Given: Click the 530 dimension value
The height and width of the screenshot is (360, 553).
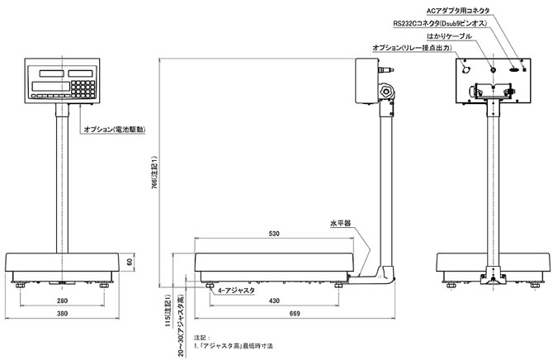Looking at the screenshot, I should click(x=275, y=234).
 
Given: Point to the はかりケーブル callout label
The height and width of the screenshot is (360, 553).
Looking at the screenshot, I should click(x=451, y=36).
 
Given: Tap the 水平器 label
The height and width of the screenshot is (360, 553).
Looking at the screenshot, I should click(x=341, y=223).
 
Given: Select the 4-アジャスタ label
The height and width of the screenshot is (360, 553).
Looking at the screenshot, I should click(x=237, y=291).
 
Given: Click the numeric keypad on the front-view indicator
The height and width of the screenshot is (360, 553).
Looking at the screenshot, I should click(x=82, y=85).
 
